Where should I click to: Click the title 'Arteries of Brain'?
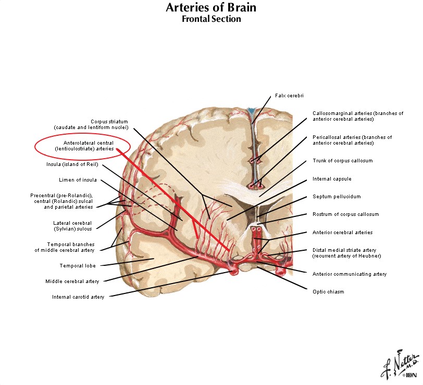coord(211,8)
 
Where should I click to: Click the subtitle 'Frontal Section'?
coord(211,19)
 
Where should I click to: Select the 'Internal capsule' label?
coord(332,179)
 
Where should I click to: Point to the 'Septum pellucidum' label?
coord(337,197)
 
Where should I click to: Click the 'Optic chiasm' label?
coord(328,291)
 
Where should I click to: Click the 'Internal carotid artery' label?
coord(78,297)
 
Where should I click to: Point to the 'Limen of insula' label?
coord(78,179)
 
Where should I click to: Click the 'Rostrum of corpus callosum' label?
coord(345,214)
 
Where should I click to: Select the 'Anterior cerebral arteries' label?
coord(342,232)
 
